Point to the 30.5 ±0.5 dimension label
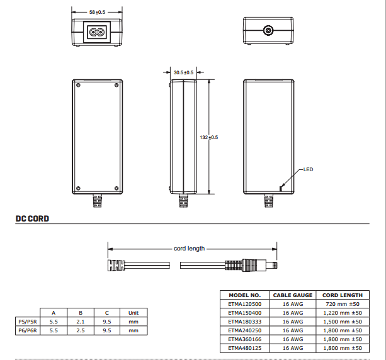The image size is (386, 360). pos(184,72)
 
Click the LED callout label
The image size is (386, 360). pos(308,169)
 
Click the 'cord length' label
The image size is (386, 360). pos(190,249)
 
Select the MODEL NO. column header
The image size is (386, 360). pos(245,295)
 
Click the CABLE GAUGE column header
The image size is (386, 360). pos(292,295)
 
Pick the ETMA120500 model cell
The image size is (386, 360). pos(245,303)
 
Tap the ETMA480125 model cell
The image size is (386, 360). pos(245,347)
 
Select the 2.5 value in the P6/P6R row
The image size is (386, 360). pos(81,329)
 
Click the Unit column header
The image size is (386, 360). pos(133,312)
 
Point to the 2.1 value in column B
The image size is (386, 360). pos(81,321)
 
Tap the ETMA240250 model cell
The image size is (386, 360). pos(245,330)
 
